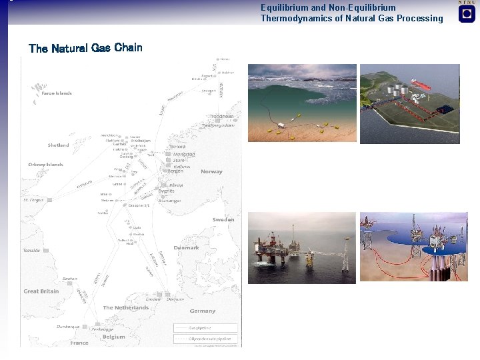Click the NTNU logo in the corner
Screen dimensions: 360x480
click(x=467, y=12)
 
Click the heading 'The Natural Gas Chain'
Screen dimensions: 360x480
click(x=85, y=48)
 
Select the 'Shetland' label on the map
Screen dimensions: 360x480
click(x=58, y=145)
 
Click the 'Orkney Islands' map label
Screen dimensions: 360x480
click(x=45, y=165)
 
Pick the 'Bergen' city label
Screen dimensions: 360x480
click(x=175, y=171)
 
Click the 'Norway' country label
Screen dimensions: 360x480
click(x=211, y=172)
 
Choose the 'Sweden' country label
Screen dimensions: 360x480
click(x=223, y=219)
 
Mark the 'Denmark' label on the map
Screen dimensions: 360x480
click(x=186, y=247)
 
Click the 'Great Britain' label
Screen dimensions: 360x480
click(x=41, y=291)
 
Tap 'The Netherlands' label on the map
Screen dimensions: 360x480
click(x=126, y=308)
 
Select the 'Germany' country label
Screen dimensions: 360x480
click(x=202, y=311)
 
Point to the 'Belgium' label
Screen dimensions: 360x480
click(x=114, y=337)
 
